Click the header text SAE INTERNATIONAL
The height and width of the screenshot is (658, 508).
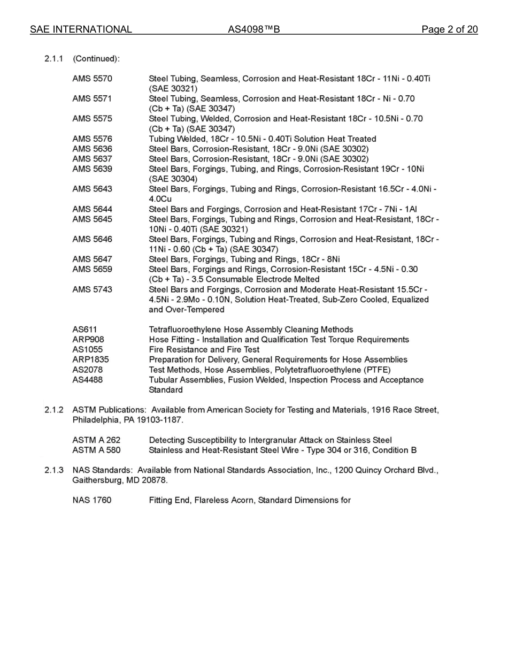81,29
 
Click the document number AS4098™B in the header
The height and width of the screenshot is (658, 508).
253,29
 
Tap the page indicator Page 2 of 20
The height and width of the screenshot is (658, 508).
449,29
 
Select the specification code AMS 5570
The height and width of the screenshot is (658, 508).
92,79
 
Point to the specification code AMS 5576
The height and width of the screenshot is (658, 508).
92,139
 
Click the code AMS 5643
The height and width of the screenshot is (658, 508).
92,189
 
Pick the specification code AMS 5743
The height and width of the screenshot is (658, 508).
92,290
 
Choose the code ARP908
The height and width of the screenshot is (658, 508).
88,340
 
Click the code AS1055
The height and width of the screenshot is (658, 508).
87,350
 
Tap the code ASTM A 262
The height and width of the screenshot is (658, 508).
96,440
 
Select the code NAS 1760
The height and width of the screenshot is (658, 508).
91,501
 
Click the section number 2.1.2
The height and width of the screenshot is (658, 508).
54,410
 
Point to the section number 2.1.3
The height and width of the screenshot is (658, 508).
54,471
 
